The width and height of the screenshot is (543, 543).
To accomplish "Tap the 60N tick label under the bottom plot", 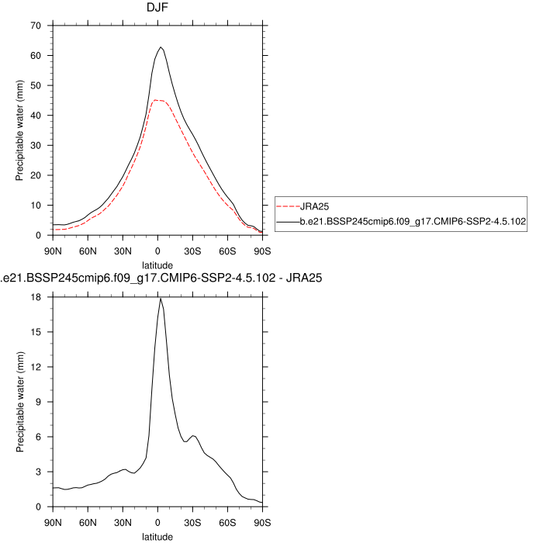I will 88,521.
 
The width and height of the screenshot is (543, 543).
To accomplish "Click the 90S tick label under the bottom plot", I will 262,521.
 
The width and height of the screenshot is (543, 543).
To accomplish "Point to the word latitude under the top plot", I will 157,265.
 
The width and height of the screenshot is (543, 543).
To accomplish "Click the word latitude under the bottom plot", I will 157,536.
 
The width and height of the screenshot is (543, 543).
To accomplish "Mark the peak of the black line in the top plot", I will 161,47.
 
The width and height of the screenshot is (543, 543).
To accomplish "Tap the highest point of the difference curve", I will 160,298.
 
